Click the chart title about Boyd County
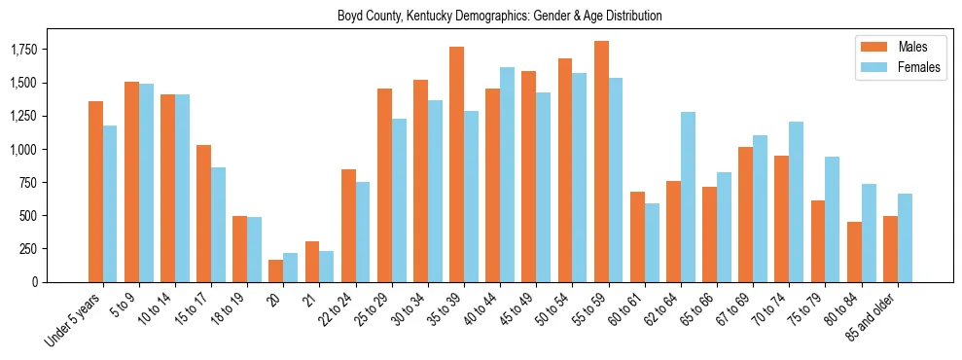[x=499, y=16]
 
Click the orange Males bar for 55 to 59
[x=601, y=162]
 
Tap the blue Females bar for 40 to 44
[x=507, y=175]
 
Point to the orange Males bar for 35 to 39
[x=456, y=164]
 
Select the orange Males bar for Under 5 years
[x=95, y=192]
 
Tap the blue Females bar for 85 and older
[x=905, y=237]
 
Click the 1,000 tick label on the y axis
[x=22, y=150]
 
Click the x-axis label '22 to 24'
[x=337, y=309]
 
